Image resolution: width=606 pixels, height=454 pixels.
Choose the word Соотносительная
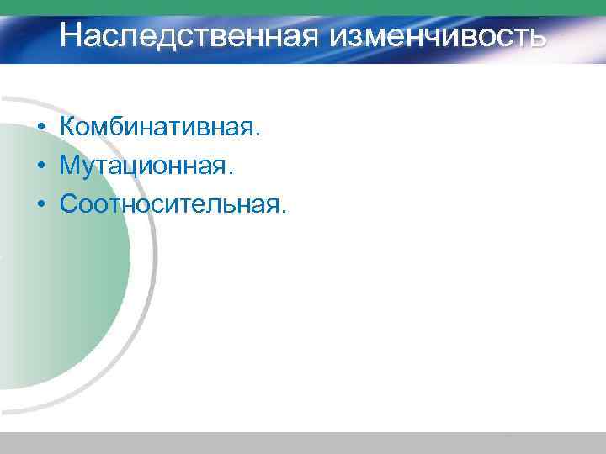click(168, 203)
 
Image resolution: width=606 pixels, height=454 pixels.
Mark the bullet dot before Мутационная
click(40, 166)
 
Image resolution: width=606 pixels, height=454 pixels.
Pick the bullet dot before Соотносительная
click(40, 204)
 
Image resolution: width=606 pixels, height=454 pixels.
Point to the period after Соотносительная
click(283, 211)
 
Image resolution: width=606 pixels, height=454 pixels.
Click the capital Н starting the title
click(72, 36)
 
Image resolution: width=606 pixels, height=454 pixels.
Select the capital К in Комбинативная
click(68, 127)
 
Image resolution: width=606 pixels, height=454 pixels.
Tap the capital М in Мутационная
click(71, 166)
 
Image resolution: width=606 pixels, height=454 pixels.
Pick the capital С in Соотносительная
click(70, 203)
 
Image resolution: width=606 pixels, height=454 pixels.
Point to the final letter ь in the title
click(536, 38)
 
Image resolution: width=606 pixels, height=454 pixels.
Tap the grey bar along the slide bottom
click(303, 443)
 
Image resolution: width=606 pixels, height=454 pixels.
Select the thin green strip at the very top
click(303, 7)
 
